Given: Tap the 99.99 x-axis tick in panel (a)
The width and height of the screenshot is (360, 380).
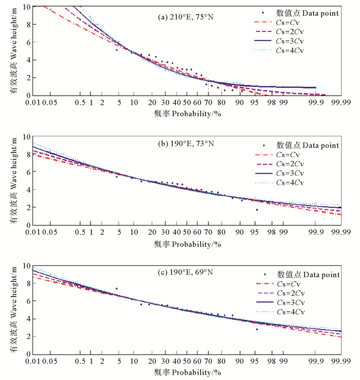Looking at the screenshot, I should pyautogui.click(x=338, y=103).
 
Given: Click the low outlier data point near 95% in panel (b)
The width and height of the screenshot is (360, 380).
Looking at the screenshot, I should pyautogui.click(x=257, y=210).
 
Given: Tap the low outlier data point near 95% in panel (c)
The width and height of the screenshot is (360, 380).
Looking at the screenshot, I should pyautogui.click(x=257, y=329).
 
